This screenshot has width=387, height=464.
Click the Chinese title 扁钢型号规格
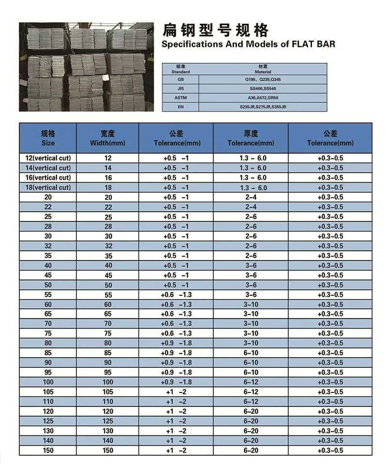point(215,30)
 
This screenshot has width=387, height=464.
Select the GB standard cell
point(180,79)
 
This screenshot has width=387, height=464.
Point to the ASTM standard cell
point(180,98)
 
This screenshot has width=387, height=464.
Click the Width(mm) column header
point(107,138)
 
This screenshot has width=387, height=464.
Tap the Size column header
point(48,138)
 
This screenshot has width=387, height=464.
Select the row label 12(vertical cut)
point(48,158)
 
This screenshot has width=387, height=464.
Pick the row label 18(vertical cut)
point(48,188)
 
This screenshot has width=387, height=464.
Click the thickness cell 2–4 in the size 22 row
point(251,207)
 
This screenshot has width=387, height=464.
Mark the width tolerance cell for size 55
point(176,295)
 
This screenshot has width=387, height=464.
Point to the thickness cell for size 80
point(251,344)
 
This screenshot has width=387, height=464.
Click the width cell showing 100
point(107,382)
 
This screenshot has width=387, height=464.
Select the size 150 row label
point(48,450)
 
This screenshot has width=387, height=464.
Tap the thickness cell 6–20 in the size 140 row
point(251,441)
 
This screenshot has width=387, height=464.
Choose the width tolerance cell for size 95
point(176,373)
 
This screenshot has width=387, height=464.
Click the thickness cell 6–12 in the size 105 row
point(251,392)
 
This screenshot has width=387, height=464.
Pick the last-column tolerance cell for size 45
point(330,275)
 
